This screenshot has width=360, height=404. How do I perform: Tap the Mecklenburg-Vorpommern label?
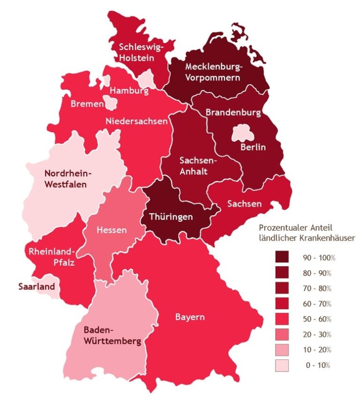[213, 72]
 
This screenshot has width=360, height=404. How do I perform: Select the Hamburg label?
[129, 90]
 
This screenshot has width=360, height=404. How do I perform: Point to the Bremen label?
[87, 104]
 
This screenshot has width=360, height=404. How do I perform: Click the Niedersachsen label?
[136, 121]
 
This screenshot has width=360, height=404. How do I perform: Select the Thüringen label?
[171, 217]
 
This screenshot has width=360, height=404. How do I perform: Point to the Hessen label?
[112, 230]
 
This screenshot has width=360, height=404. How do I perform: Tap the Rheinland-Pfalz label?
[52, 256]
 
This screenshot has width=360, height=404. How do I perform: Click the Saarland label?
[36, 287]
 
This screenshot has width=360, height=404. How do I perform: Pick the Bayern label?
[190, 317]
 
